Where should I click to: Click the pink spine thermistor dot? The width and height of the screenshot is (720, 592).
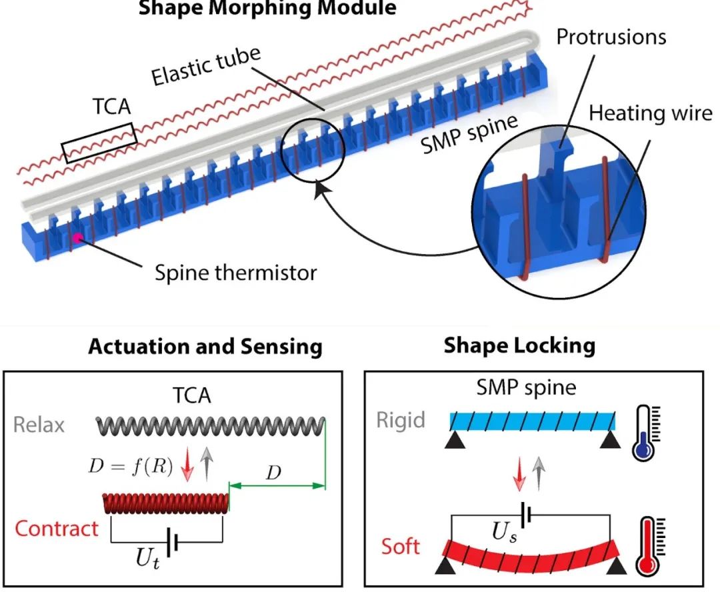pos(79,237)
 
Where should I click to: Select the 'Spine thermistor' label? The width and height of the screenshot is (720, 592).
pos(236,272)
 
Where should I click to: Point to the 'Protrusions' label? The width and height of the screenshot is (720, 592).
pos(611,36)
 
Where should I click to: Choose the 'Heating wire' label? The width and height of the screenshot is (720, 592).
pos(651,113)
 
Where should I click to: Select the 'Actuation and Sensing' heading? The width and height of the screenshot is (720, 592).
pos(205,347)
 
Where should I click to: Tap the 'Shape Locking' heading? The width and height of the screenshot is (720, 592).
pos(519,345)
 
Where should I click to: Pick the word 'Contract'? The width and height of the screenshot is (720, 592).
pos(57,529)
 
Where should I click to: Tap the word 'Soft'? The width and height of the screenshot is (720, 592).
pos(401,547)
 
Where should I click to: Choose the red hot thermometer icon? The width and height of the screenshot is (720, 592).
pos(645,547)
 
